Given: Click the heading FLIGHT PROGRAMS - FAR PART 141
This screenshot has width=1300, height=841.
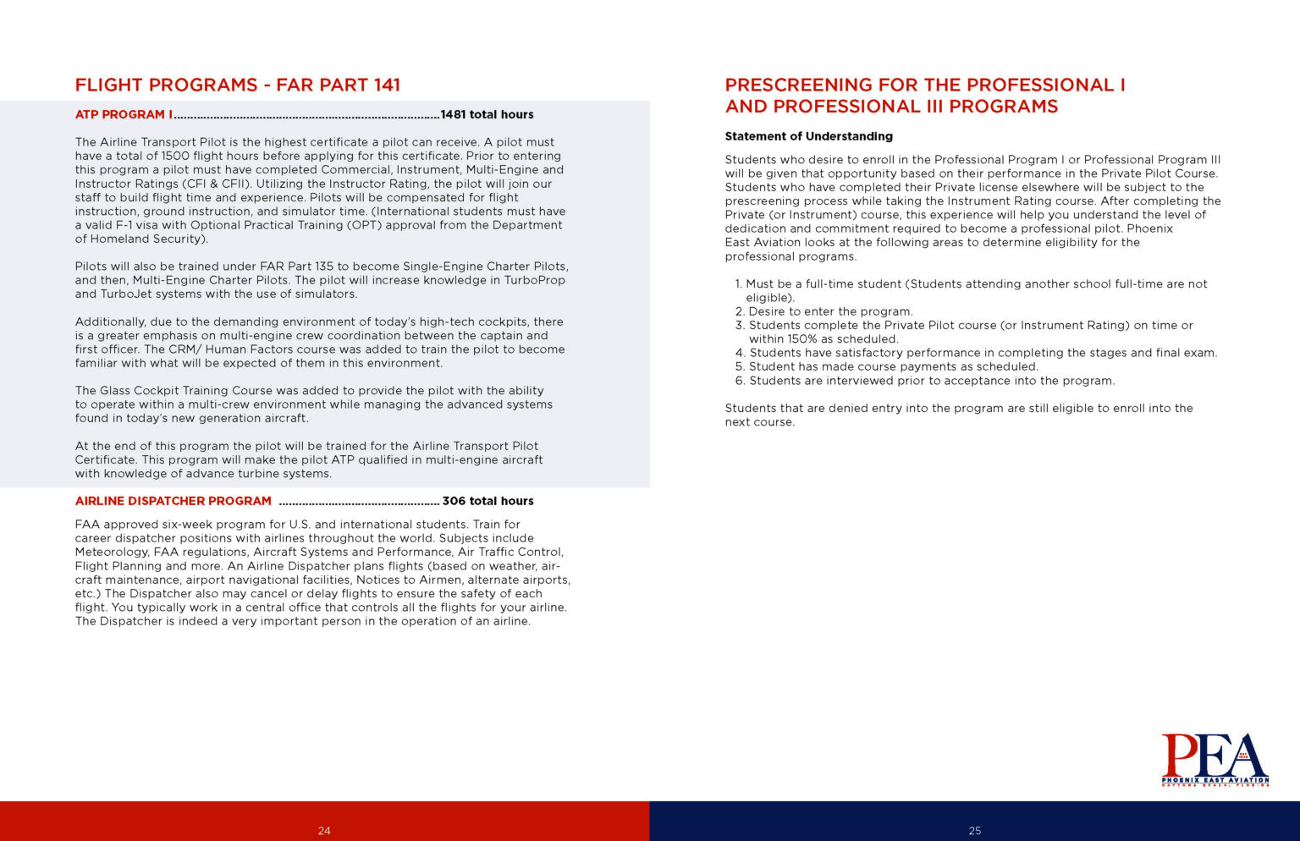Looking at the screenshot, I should pyautogui.click(x=237, y=85).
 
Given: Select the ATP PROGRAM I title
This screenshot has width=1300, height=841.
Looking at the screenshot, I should pyautogui.click(x=124, y=115).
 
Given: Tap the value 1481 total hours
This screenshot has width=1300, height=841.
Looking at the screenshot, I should pyautogui.click(x=487, y=115).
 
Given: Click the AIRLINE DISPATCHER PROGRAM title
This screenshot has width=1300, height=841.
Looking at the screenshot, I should pyautogui.click(x=173, y=501).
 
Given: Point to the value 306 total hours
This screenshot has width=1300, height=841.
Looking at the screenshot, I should pyautogui.click(x=487, y=501).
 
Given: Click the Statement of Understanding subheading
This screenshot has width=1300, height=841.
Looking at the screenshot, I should pyautogui.click(x=808, y=136).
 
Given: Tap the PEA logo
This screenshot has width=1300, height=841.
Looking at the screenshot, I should pyautogui.click(x=1215, y=759).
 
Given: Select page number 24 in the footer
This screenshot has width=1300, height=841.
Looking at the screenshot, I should pyautogui.click(x=324, y=831).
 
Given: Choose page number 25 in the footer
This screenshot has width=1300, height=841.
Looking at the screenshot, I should pyautogui.click(x=974, y=831).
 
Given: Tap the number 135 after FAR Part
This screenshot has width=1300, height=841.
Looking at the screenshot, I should pyautogui.click(x=324, y=267).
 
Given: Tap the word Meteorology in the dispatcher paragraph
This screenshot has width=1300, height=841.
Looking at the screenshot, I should pyautogui.click(x=113, y=552).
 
